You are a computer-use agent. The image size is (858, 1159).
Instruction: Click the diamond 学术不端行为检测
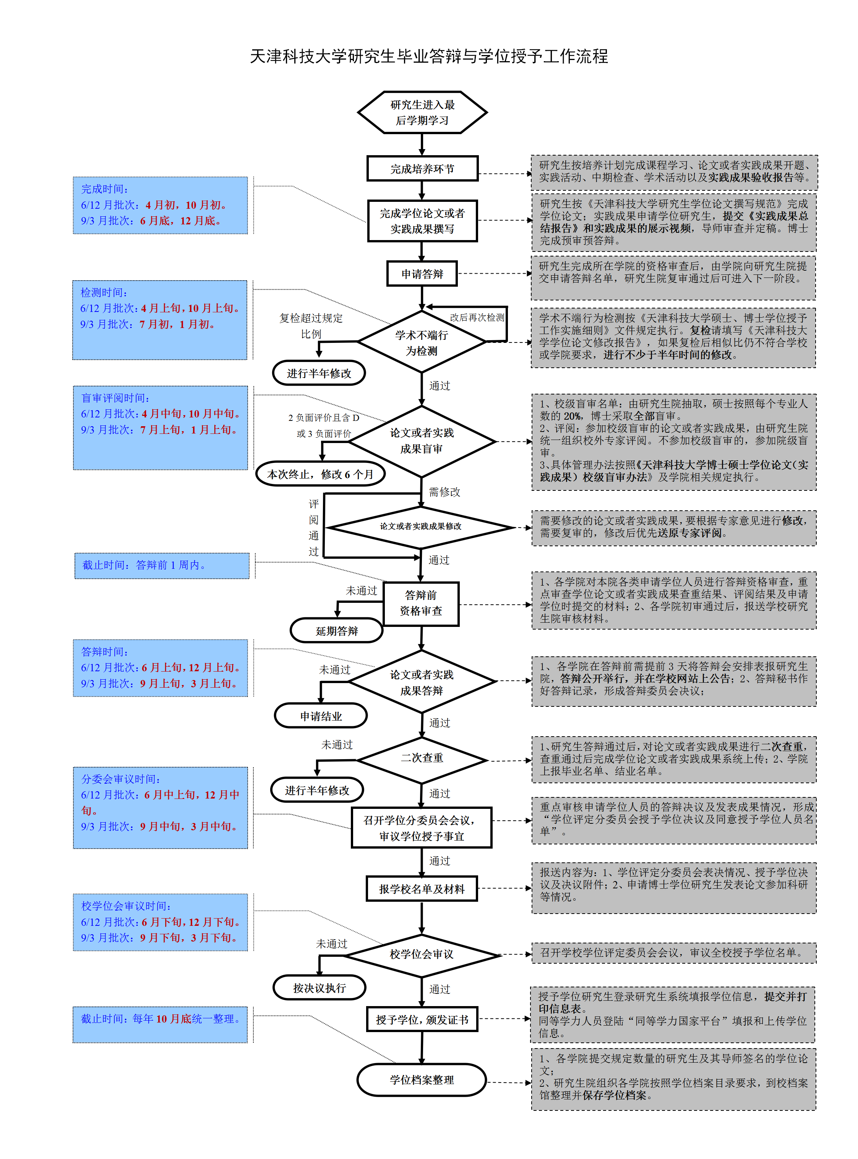tap(422, 343)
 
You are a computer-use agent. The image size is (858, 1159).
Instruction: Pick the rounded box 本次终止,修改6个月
tap(320, 474)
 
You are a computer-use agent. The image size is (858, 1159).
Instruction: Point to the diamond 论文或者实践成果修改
tap(421, 527)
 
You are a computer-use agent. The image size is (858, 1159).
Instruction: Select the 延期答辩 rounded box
tap(337, 631)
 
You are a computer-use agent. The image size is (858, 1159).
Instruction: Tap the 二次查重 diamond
tap(422, 758)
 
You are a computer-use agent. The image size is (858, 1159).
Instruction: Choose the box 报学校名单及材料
tap(422, 889)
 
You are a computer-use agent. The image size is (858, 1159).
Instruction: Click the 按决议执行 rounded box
tap(320, 988)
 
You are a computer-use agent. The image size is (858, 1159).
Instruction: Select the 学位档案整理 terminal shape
tap(422, 1079)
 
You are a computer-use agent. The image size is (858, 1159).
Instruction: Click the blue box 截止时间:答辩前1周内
tap(162, 565)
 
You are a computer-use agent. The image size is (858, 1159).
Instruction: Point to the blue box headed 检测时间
tap(160, 320)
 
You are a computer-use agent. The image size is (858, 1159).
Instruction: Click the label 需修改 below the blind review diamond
tap(444, 492)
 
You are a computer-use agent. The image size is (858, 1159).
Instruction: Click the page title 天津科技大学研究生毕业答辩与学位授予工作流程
tap(429, 56)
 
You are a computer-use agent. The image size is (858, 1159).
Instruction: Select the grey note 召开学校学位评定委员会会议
tap(673, 952)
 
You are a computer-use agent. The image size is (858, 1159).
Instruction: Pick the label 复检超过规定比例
tap(311, 326)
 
